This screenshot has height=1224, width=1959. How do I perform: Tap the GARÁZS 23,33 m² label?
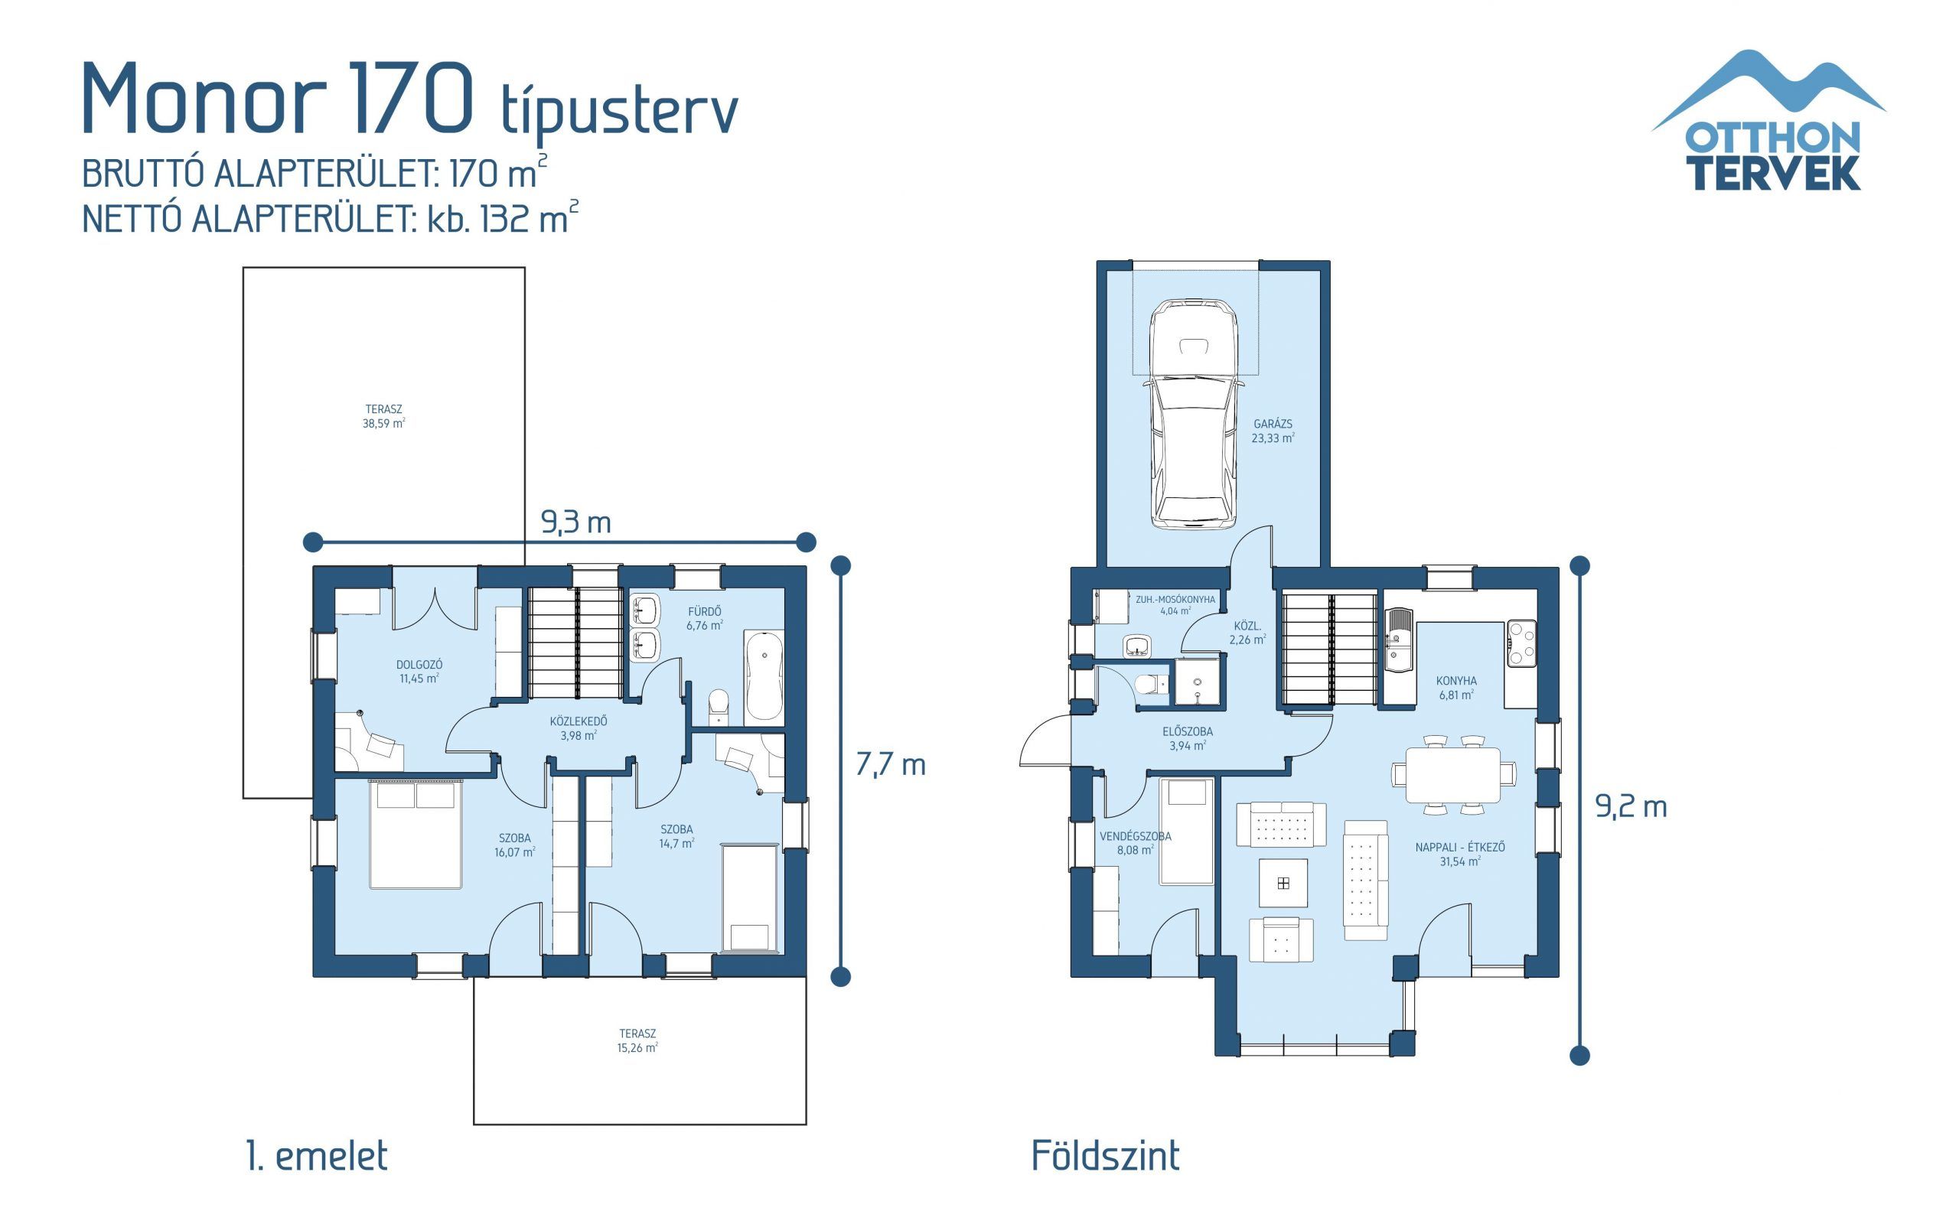point(1273,431)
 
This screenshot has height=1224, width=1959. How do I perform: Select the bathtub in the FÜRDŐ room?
point(764,676)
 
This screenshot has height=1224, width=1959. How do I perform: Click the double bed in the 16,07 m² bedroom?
point(416,835)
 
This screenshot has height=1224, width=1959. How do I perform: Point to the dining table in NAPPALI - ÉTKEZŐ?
point(1453,774)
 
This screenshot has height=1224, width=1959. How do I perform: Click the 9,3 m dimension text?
point(575,523)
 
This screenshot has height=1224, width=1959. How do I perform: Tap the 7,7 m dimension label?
point(891,764)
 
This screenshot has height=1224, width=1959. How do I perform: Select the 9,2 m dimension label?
point(1631,806)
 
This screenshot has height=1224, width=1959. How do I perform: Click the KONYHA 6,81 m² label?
point(1456,687)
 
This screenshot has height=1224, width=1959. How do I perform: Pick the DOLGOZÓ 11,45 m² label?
point(419,671)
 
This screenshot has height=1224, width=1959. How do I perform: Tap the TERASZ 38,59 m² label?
point(383,416)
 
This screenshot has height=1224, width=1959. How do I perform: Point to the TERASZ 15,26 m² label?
point(637,1040)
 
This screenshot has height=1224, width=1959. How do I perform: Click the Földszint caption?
point(1105,1155)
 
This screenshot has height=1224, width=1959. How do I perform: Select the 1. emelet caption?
point(317,1155)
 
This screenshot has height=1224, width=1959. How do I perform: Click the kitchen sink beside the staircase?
point(1398,640)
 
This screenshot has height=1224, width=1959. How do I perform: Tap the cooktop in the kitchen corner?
point(1521,643)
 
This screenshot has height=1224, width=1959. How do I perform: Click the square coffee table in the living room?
point(1283,883)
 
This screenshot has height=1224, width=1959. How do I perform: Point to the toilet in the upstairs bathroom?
point(718,708)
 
